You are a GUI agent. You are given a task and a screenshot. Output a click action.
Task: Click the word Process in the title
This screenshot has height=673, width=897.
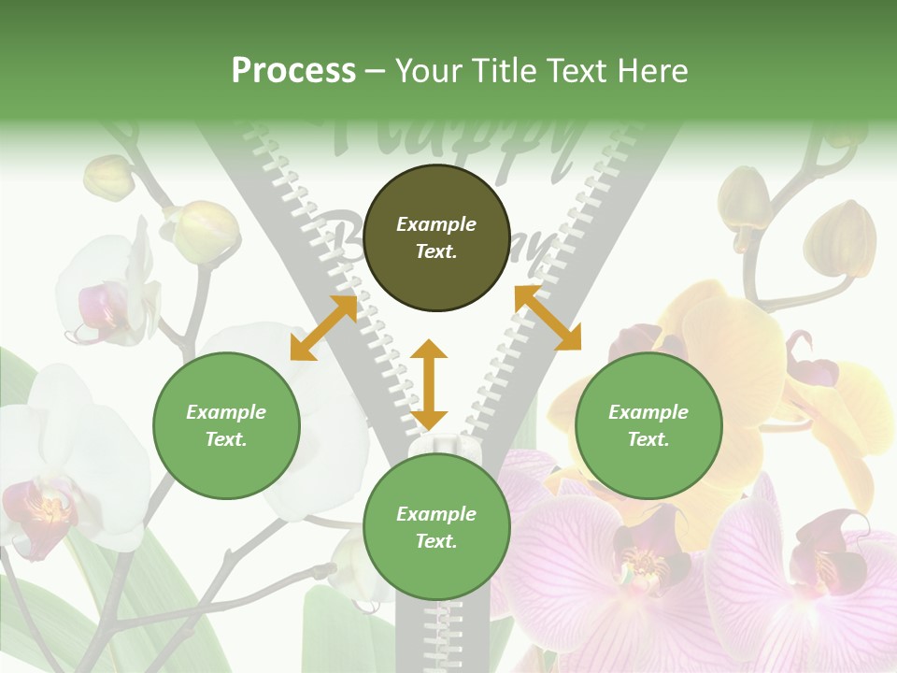[293, 71]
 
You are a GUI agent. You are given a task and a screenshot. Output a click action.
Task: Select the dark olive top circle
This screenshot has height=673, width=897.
[436, 238]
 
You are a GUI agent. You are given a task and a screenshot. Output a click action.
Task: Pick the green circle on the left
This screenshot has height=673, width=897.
[226, 425]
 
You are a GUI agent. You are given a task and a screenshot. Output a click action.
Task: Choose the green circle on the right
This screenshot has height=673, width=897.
[648, 425]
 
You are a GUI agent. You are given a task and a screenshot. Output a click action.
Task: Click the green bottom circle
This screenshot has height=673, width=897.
[436, 527]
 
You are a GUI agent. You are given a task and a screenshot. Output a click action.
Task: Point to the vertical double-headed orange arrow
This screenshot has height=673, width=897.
[429, 384]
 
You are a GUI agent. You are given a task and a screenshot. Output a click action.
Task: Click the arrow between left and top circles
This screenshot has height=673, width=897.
[323, 327]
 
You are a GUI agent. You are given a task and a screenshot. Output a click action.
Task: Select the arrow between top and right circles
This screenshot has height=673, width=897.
[548, 318]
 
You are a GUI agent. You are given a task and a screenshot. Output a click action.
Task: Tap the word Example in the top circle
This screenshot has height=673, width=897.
[436, 224]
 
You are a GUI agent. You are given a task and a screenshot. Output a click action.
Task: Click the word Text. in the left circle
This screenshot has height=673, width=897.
[226, 439]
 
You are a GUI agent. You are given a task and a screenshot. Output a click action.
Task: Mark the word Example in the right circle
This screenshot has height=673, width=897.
[648, 412]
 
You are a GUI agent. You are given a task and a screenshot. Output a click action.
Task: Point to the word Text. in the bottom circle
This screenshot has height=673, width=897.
[436, 541]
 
